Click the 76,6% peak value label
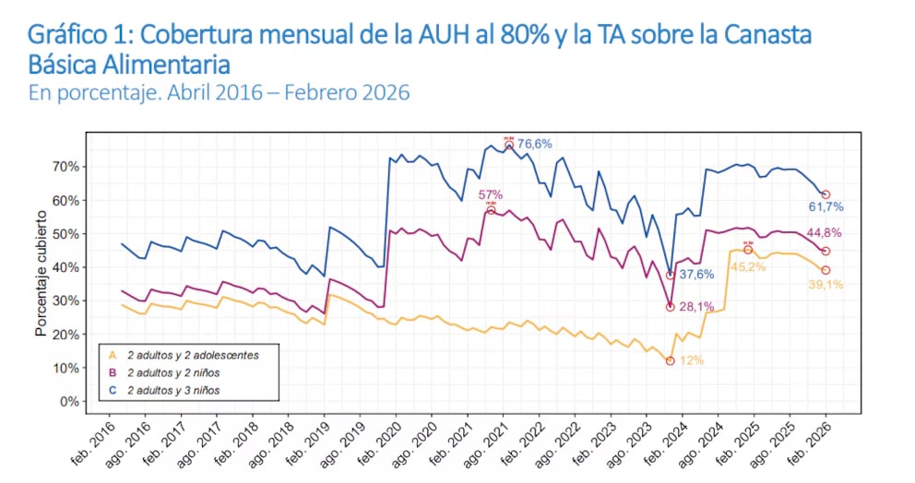(534, 144)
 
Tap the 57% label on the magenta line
(490, 194)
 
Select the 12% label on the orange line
(691, 360)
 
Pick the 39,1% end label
(825, 285)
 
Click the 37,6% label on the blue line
(698, 275)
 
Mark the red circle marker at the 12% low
(670, 361)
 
